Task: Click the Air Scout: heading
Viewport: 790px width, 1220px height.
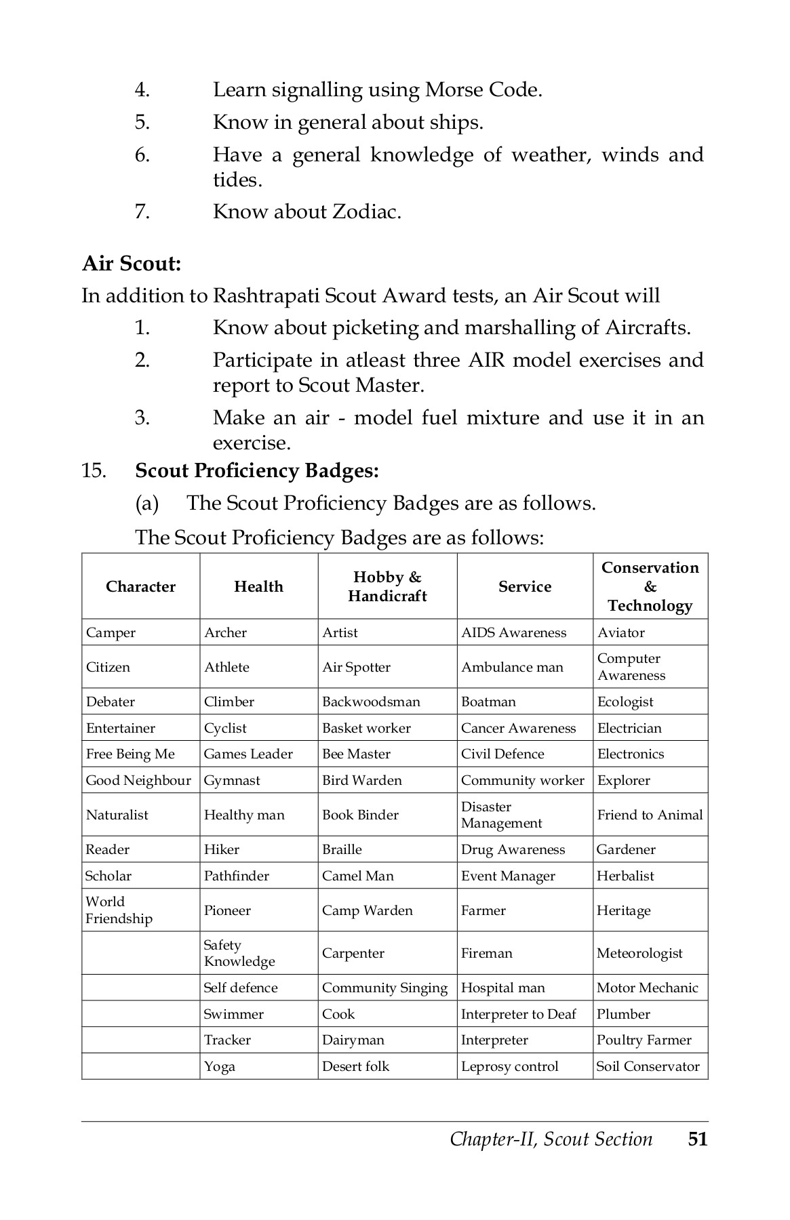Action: (x=132, y=263)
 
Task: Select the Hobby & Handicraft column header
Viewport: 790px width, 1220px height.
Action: (x=387, y=586)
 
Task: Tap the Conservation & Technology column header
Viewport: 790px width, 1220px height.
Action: (x=650, y=586)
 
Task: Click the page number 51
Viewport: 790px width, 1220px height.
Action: (x=697, y=1139)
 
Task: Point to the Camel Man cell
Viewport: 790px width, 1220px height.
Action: (x=357, y=876)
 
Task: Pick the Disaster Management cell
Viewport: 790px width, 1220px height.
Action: (x=501, y=815)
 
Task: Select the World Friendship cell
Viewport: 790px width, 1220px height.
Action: (x=119, y=910)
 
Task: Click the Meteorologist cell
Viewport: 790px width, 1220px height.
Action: (x=639, y=953)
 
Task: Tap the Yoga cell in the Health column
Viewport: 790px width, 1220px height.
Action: (x=219, y=1066)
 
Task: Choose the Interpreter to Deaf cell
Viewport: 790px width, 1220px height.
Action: (x=518, y=1014)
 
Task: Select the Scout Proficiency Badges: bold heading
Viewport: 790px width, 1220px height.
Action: (x=257, y=470)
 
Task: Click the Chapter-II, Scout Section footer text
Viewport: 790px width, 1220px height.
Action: (x=551, y=1139)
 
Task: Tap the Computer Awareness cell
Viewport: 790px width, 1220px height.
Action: (x=631, y=667)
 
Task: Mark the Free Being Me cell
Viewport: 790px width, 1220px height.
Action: (x=130, y=754)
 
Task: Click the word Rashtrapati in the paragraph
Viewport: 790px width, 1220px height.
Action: (x=265, y=296)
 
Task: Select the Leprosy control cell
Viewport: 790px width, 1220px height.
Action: (x=509, y=1066)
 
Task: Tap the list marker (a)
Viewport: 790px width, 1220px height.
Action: (x=146, y=504)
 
